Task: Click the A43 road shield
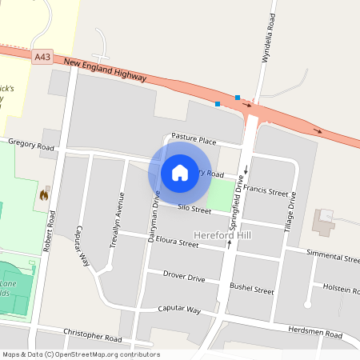(x=44, y=57)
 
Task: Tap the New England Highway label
(x=105, y=70)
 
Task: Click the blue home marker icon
(x=180, y=172)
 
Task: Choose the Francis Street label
(x=266, y=191)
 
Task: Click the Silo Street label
(x=194, y=210)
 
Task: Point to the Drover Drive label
(x=184, y=277)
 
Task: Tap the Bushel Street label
(x=252, y=287)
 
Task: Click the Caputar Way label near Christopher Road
(x=178, y=309)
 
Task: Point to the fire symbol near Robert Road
(x=43, y=194)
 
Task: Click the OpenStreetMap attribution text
(x=80, y=354)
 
